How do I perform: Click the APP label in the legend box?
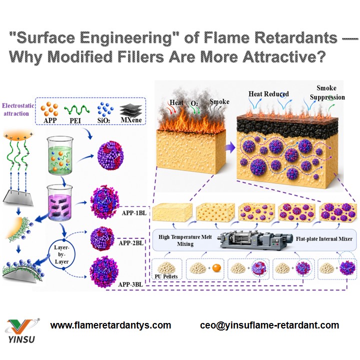click(x=50, y=120)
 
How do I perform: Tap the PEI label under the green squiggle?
click(x=75, y=120)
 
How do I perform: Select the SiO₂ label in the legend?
click(x=103, y=120)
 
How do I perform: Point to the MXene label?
click(x=131, y=120)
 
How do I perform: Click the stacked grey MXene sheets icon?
click(x=131, y=109)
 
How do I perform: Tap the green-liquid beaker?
click(x=60, y=155)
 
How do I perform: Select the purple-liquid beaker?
click(x=59, y=202)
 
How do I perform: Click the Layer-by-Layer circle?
click(x=62, y=254)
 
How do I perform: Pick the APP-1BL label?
click(x=134, y=213)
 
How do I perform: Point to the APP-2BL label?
click(x=131, y=243)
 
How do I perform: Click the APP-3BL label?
click(x=130, y=284)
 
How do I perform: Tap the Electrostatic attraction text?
click(x=18, y=109)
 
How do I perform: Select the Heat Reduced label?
click(x=268, y=94)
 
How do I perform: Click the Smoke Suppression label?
click(x=327, y=92)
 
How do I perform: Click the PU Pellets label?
click(x=166, y=276)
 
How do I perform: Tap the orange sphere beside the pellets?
click(x=216, y=267)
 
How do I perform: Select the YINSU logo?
click(x=22, y=331)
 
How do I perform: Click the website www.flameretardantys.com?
click(x=110, y=325)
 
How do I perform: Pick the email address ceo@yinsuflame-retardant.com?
click(x=269, y=325)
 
